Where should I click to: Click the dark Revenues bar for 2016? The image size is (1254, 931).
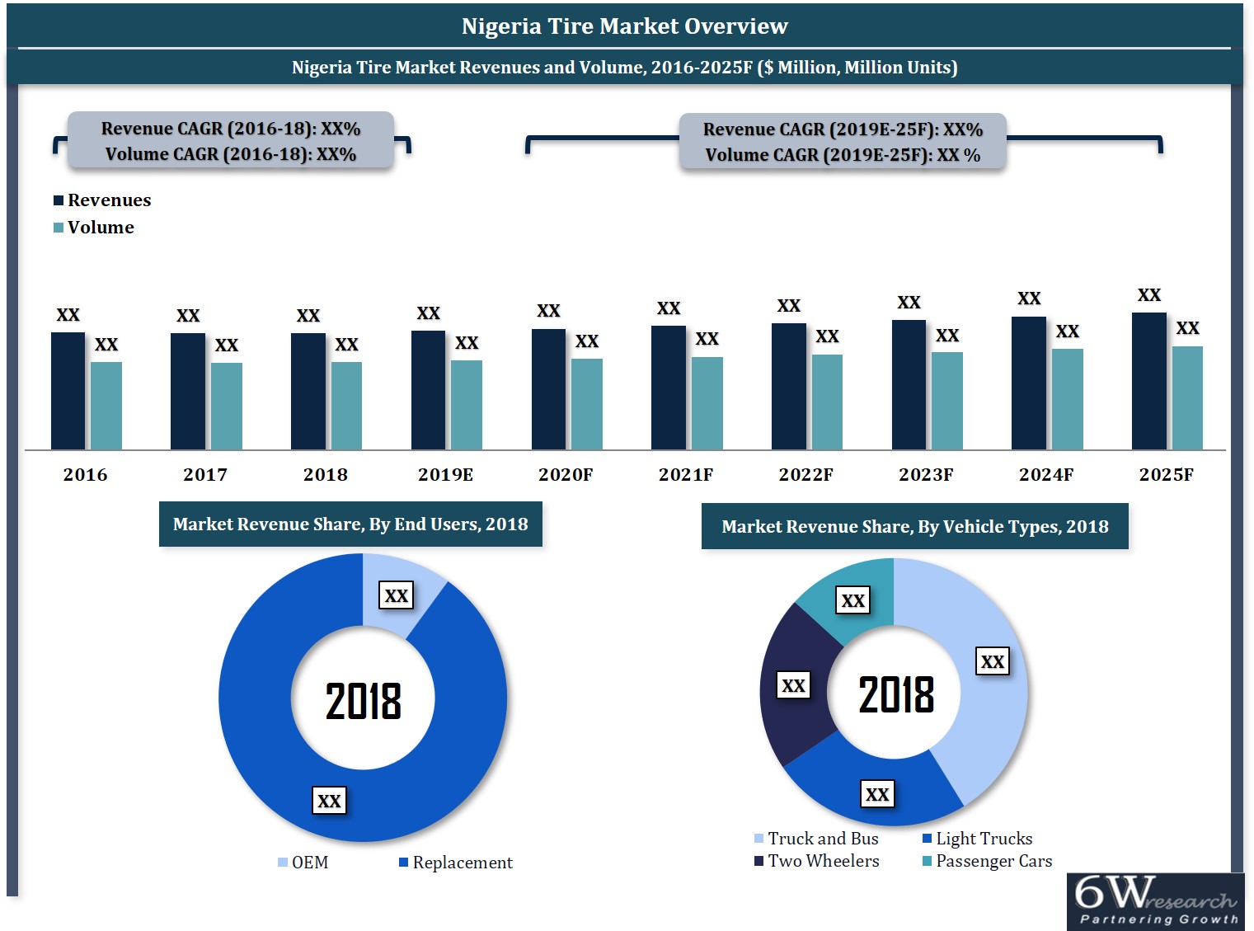coord(68,391)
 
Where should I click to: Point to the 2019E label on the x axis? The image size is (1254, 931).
coord(445,475)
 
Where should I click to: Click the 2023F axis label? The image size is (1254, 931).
coord(926,475)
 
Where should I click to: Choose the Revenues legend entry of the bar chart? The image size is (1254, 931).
coord(102,200)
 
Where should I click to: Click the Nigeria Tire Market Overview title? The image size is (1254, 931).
coord(625,26)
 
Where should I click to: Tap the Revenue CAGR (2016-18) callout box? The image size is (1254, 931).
coord(231,141)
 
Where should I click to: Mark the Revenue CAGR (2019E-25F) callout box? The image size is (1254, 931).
coord(843,142)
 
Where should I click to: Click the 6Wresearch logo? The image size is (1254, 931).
coord(1155,901)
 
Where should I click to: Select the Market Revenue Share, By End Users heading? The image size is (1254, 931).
coord(350,524)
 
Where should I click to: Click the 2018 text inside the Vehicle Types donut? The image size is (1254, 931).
coord(896,694)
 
